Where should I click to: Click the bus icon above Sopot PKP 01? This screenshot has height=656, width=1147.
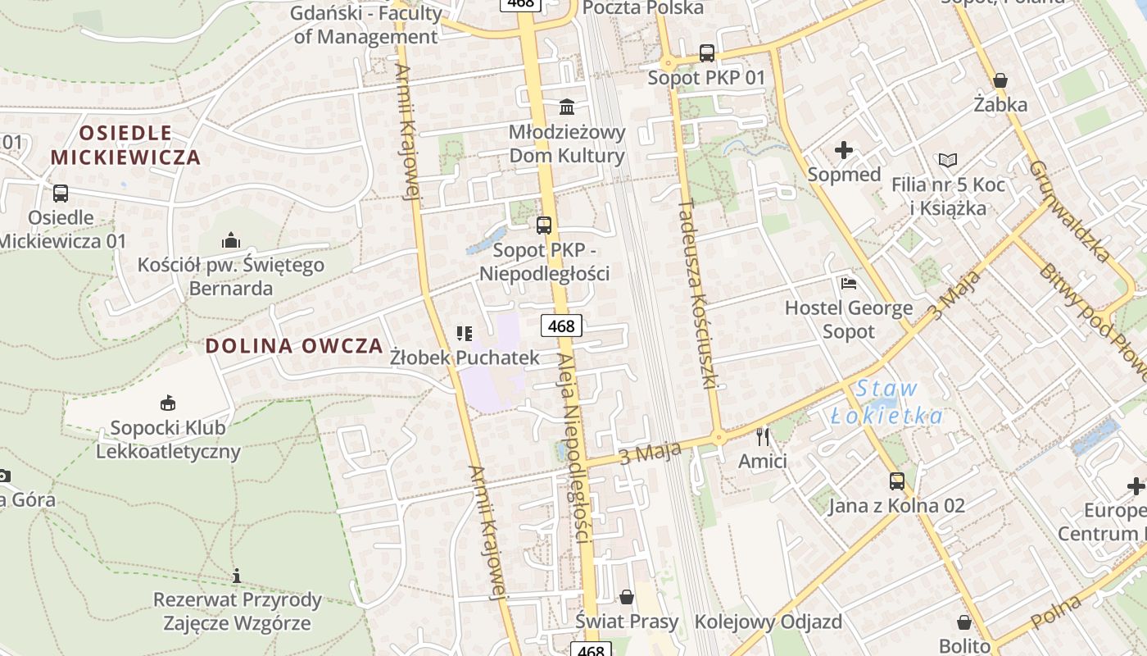pyautogui.click(x=707, y=53)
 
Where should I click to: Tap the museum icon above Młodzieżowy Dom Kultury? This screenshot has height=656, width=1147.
pyautogui.click(x=567, y=107)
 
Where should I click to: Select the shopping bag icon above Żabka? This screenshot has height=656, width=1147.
pyautogui.click(x=1000, y=80)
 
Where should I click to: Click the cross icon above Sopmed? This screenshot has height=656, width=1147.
pyautogui.click(x=844, y=150)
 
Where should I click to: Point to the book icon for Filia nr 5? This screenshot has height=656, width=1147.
pyautogui.click(x=948, y=160)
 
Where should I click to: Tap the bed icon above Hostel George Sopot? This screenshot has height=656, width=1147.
pyautogui.click(x=849, y=284)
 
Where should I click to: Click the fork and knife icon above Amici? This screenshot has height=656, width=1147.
pyautogui.click(x=763, y=436)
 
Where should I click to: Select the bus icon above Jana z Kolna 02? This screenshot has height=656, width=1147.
pyautogui.click(x=897, y=481)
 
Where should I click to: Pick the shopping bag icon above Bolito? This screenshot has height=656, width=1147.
pyautogui.click(x=964, y=622)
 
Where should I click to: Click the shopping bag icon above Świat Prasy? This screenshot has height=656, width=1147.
pyautogui.click(x=627, y=597)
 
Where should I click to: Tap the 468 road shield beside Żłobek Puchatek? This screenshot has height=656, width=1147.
pyautogui.click(x=561, y=326)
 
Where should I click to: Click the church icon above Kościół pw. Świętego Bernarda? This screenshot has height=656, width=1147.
pyautogui.click(x=231, y=240)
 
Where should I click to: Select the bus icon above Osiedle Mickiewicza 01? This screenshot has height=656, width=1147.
pyautogui.click(x=61, y=194)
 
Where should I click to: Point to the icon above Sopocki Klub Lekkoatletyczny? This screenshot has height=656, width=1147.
pyautogui.click(x=168, y=403)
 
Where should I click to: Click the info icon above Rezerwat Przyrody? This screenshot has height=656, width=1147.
pyautogui.click(x=237, y=576)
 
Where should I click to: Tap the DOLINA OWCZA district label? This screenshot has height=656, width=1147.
pyautogui.click(x=294, y=345)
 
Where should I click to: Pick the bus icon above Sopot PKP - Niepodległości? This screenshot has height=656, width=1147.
pyautogui.click(x=544, y=225)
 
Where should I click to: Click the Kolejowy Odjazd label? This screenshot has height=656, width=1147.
pyautogui.click(x=768, y=622)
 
